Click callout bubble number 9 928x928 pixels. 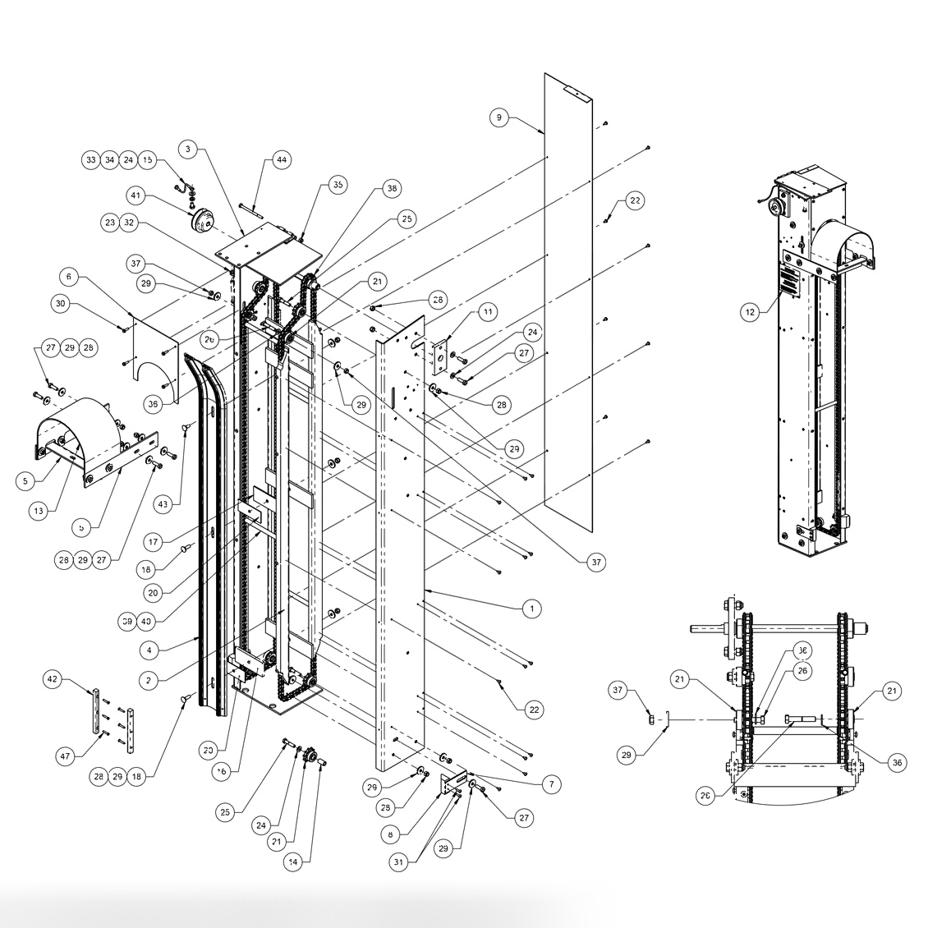498,117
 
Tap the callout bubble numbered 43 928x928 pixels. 163,503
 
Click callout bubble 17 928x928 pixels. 154,543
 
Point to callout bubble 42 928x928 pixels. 53,679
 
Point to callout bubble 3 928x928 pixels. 188,149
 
